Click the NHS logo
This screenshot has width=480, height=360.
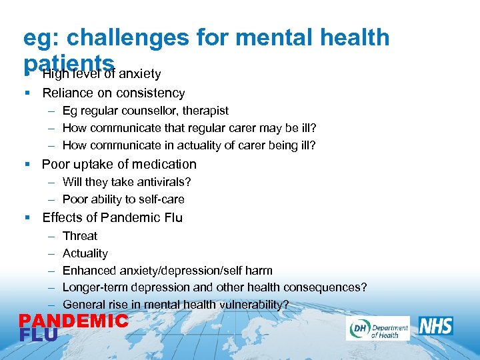click(436, 326)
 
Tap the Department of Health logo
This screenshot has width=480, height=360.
click(377, 328)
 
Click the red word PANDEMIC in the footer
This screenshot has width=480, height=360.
click(73, 321)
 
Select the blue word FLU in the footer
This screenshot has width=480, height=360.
click(38, 334)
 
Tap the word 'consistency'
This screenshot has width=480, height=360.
click(150, 93)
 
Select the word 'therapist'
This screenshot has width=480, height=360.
click(203, 111)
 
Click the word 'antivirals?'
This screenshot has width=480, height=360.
click(163, 182)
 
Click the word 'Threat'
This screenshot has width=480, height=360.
click(79, 236)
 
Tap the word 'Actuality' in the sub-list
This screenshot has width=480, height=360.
click(85, 253)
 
